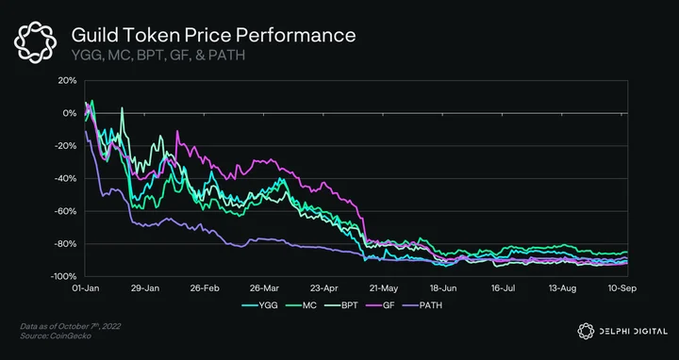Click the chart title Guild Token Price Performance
pyautogui.click(x=213, y=36)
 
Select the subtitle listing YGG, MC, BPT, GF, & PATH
pyautogui.click(x=158, y=56)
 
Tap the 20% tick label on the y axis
pyautogui.click(x=68, y=80)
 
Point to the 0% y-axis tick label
pyautogui.click(x=70, y=113)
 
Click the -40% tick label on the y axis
pyautogui.click(x=66, y=179)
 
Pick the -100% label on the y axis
pyautogui.click(x=64, y=276)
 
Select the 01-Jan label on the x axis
pyautogui.click(x=85, y=288)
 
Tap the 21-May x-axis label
pyautogui.click(x=384, y=288)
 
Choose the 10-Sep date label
pyautogui.click(x=622, y=288)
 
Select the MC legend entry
pyautogui.click(x=302, y=305)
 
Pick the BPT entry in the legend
pyautogui.click(x=341, y=305)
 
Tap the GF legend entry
pyautogui.click(x=382, y=305)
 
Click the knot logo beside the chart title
pyautogui.click(x=36, y=42)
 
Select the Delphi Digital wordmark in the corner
pyautogui.click(x=622, y=331)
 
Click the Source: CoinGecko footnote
pyautogui.click(x=56, y=335)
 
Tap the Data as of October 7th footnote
pyautogui.click(x=70, y=326)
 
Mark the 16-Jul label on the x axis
pyautogui.click(x=504, y=288)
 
